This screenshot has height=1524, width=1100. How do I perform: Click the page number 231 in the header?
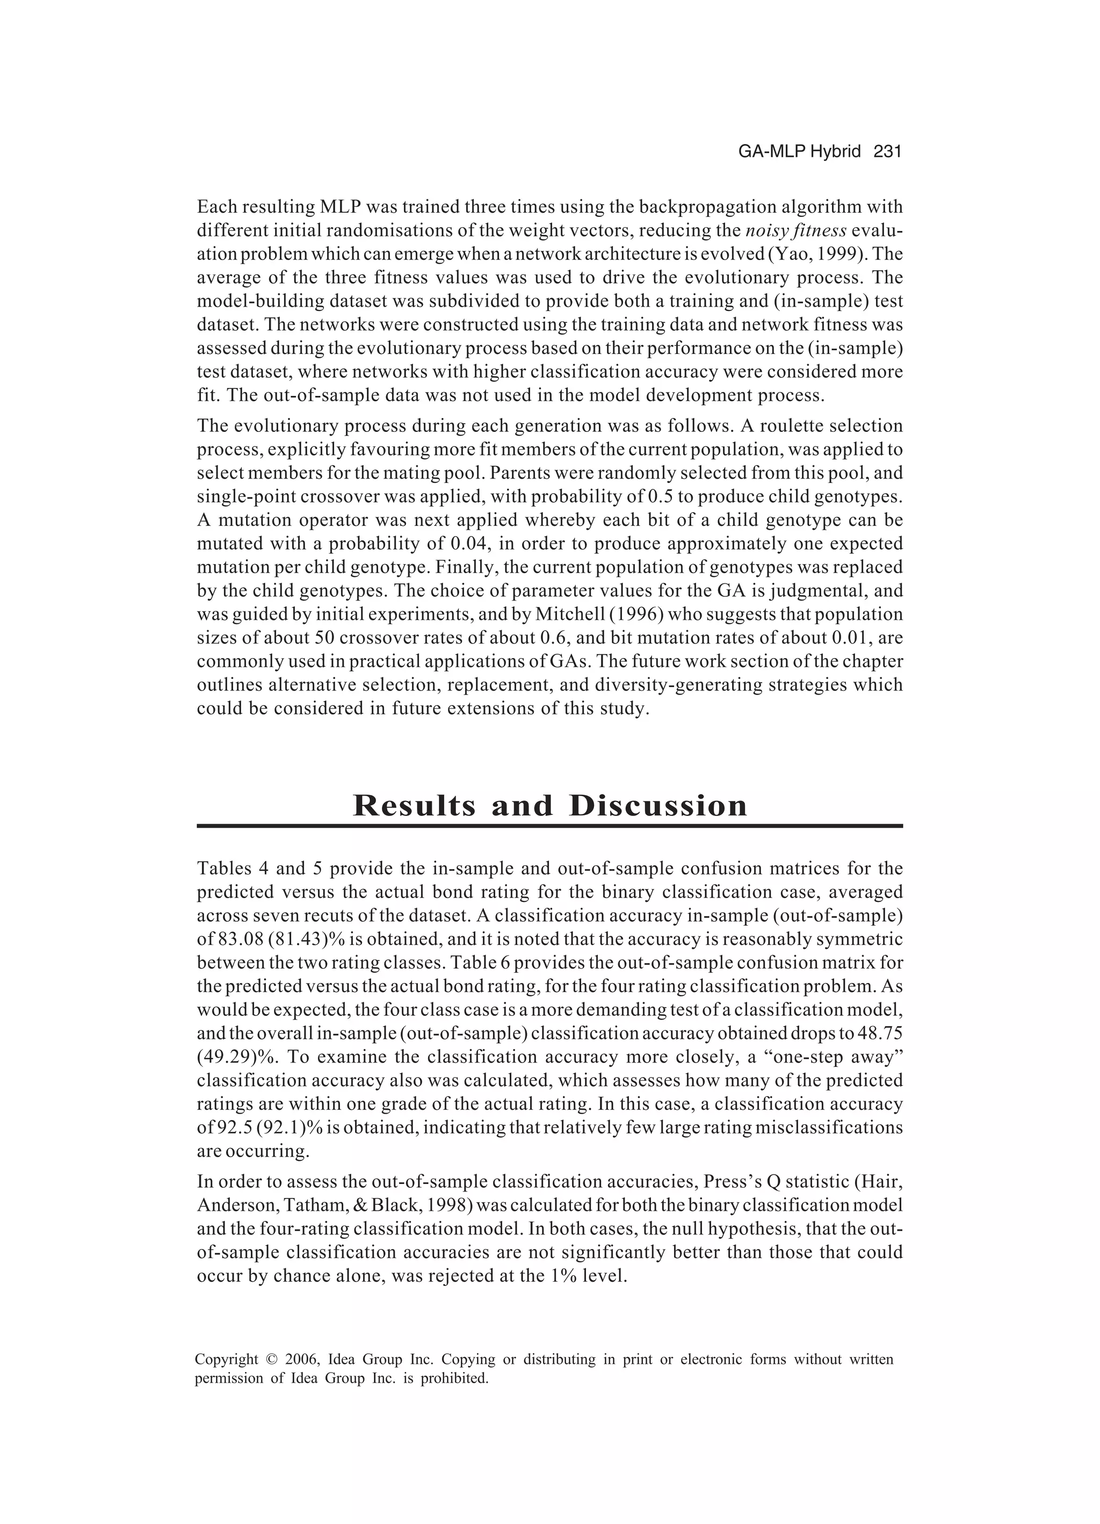pyautogui.click(x=887, y=152)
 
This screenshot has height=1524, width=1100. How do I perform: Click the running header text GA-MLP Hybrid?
pyautogui.click(x=799, y=152)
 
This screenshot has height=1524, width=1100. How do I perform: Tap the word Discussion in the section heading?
pyautogui.click(x=658, y=805)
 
